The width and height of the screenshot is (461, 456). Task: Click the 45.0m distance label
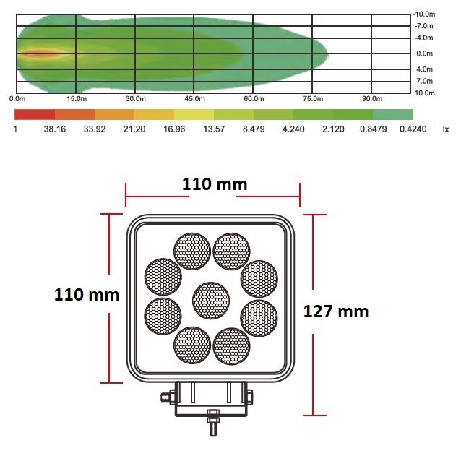[x=194, y=99]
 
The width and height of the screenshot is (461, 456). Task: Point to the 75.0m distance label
[x=313, y=99]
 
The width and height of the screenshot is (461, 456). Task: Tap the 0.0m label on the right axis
[x=424, y=53]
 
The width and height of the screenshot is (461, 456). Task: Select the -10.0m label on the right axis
[x=424, y=14]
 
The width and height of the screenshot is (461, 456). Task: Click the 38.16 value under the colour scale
[x=55, y=129]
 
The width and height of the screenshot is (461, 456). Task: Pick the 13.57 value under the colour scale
[x=214, y=129]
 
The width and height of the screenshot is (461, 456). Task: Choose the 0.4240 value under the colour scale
[x=413, y=129]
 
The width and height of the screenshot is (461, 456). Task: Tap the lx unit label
[x=446, y=129]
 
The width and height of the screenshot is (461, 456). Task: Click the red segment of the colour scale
[x=35, y=114]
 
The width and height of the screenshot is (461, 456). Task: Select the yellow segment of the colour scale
[x=194, y=114]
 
